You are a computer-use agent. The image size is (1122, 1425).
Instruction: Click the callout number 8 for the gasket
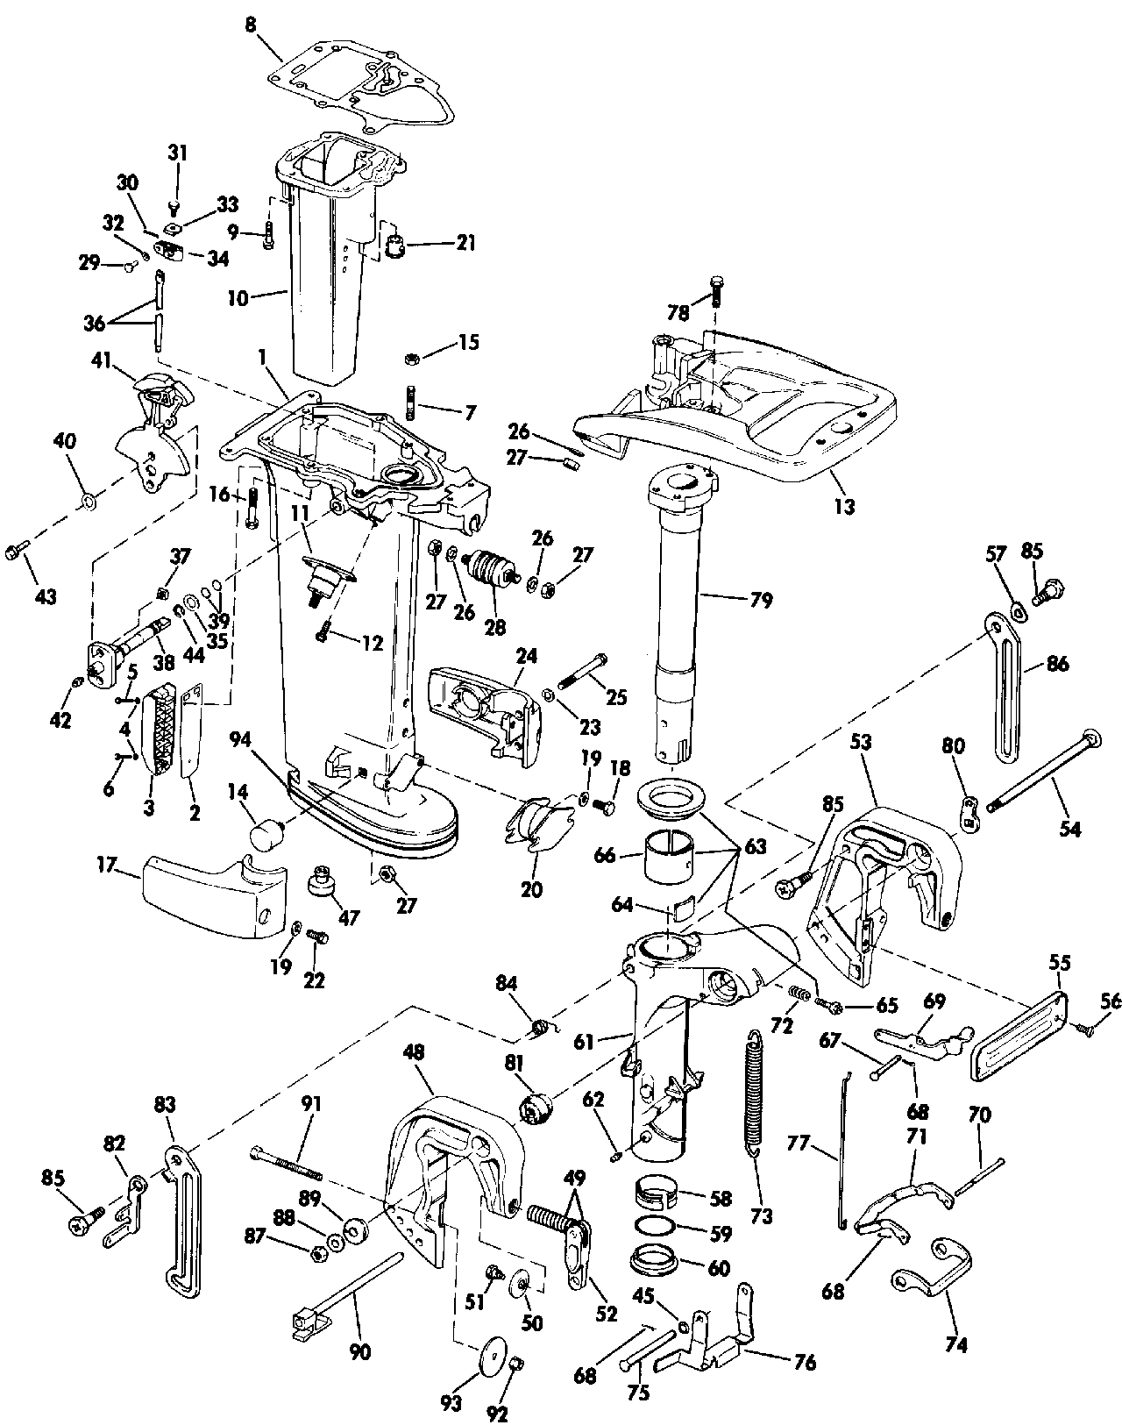pos(252,25)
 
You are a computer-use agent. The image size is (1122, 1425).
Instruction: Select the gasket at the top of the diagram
pos(368,83)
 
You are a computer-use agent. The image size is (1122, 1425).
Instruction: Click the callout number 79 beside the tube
pos(761,601)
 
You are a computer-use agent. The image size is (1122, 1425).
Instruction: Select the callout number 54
pos(1069,827)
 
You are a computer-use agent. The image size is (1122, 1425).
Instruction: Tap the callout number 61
pos(584,1042)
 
